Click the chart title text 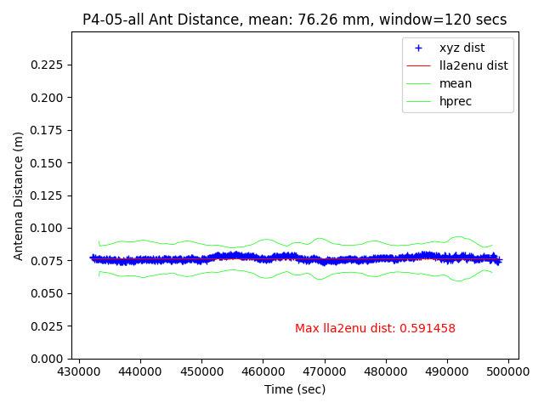(294, 20)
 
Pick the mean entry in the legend (456, 83)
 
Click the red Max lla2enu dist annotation (375, 329)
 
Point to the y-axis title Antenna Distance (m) (18, 195)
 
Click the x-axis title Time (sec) (294, 389)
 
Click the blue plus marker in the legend (418, 48)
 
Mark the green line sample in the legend (418, 83)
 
